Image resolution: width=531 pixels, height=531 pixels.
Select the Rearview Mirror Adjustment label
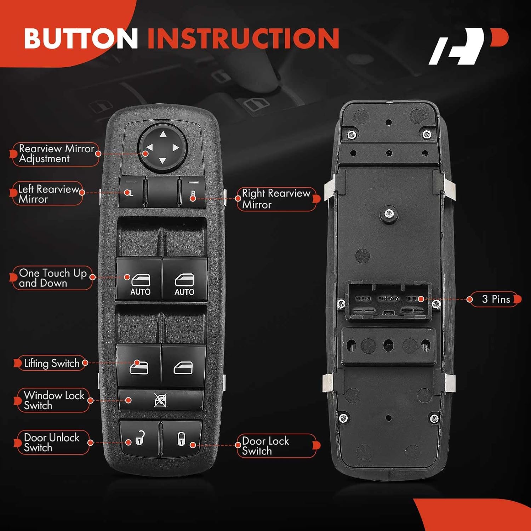coord(56,154)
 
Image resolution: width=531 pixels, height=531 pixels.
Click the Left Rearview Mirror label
coord(48,194)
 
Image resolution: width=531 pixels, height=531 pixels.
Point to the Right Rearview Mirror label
coord(276,199)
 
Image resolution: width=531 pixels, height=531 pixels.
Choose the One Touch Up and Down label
coord(52,278)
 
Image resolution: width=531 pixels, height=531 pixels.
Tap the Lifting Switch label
coord(51,363)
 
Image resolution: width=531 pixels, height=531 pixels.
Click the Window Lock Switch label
coord(54,400)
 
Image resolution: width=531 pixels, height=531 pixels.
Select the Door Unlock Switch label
coord(52,442)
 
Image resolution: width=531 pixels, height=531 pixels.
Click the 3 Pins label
coord(496,299)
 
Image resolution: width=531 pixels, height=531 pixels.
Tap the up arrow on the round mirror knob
coord(163,134)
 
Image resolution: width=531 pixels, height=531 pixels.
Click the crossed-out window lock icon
coord(160,400)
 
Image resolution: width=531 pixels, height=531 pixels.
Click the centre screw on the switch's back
coord(389,213)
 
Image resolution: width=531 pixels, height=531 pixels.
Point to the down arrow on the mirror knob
coord(162,161)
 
